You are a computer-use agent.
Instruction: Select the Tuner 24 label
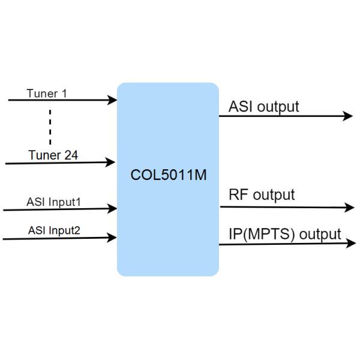point(53,155)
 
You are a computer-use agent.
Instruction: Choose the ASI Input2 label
point(54,230)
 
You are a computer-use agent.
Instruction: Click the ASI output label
point(263,107)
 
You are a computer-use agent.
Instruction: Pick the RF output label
point(262,195)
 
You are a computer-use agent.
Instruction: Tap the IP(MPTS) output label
point(284,234)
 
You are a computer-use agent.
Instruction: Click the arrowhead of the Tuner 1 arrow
point(112,100)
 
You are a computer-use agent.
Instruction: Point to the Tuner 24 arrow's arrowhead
point(110,162)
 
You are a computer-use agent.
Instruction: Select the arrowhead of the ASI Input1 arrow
point(113,209)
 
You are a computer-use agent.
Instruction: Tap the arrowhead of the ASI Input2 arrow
point(112,238)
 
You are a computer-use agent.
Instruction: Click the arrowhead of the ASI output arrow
point(348,116)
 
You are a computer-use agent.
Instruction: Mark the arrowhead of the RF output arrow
point(350,208)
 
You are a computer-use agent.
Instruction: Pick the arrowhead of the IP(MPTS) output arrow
point(350,242)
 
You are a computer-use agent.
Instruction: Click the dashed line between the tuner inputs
point(50,127)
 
